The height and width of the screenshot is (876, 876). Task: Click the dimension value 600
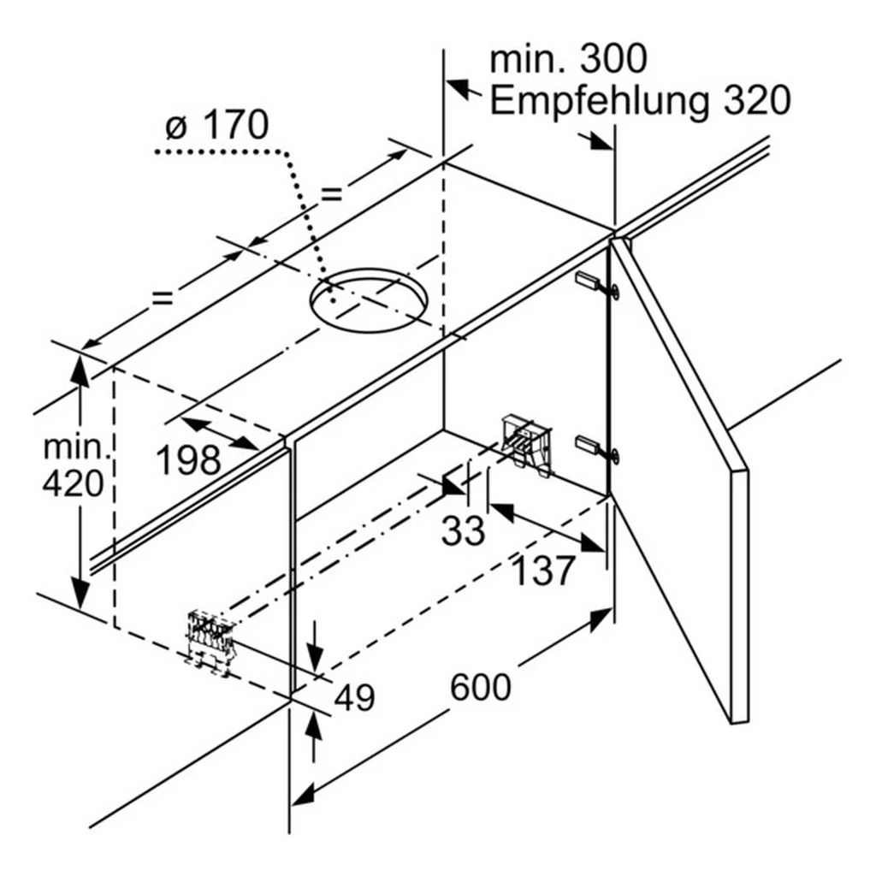pyautogui.click(x=481, y=687)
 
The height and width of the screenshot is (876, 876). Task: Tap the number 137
pyautogui.click(x=543, y=571)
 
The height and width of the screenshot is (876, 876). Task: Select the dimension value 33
pyautogui.click(x=463, y=530)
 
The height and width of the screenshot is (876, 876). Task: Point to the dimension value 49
pyautogui.click(x=354, y=697)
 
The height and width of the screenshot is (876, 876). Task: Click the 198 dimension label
pyautogui.click(x=189, y=460)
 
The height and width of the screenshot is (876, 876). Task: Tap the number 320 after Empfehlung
pyautogui.click(x=757, y=100)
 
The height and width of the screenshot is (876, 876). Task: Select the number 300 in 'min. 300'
pyautogui.click(x=613, y=59)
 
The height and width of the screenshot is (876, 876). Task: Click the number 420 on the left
pyautogui.click(x=74, y=484)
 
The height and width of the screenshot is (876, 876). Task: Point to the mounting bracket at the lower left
pyautogui.click(x=210, y=642)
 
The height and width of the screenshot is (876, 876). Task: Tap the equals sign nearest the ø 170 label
pyautogui.click(x=331, y=193)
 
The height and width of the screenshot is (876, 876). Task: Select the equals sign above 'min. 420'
pyautogui.click(x=163, y=298)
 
